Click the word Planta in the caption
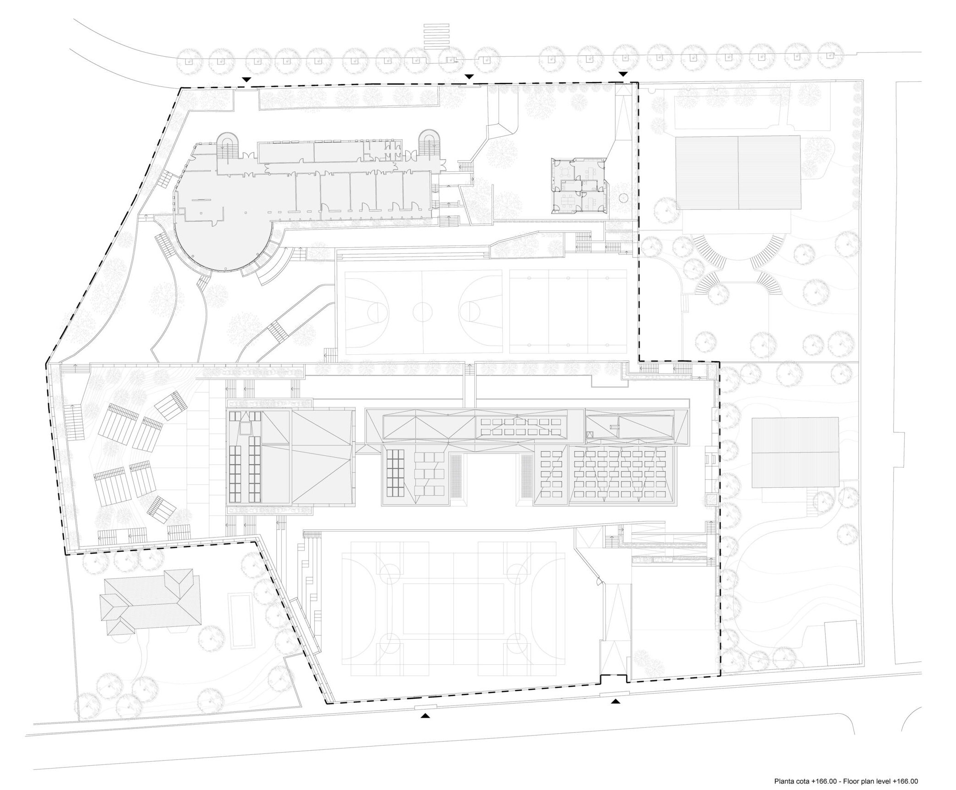[x=783, y=781]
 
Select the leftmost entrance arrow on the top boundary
[x=247, y=80]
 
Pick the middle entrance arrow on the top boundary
[x=469, y=76]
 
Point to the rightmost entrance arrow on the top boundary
[x=623, y=74]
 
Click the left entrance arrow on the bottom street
[x=426, y=727]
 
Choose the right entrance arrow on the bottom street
[x=616, y=714]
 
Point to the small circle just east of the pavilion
[x=623, y=198]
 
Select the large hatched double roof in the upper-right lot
[x=738, y=172]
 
